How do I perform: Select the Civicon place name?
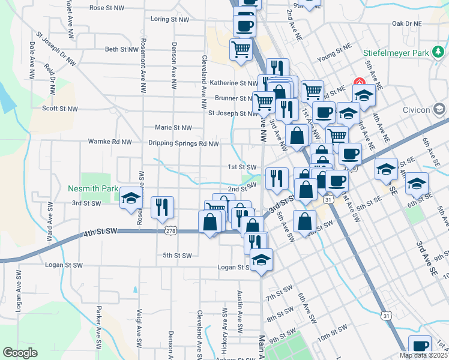418,110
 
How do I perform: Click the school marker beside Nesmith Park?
130,199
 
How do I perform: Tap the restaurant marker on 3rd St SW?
162,207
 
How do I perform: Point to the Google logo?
20,353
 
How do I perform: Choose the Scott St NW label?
60,109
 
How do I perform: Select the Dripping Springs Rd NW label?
184,143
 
